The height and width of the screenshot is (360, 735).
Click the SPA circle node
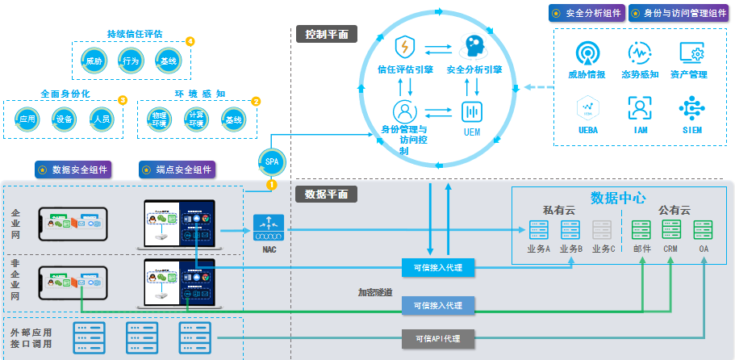click(x=271, y=161)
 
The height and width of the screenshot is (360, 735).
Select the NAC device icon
click(x=268, y=228)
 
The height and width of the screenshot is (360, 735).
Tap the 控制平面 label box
click(x=327, y=34)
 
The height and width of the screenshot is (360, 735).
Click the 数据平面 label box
click(x=327, y=194)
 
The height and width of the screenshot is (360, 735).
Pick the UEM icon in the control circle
click(x=471, y=112)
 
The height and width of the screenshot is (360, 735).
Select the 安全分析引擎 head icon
click(x=474, y=46)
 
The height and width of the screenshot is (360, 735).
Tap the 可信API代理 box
click(x=437, y=338)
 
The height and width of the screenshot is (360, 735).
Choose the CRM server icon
click(x=671, y=229)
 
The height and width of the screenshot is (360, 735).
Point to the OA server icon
click(x=704, y=229)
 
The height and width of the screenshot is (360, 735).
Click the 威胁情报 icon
click(x=587, y=54)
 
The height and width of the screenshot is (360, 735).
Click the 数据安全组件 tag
click(x=73, y=170)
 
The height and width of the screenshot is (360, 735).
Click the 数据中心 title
click(x=618, y=198)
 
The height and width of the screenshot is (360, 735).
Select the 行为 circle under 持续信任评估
click(x=132, y=61)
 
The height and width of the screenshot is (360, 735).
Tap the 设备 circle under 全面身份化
click(x=65, y=119)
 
